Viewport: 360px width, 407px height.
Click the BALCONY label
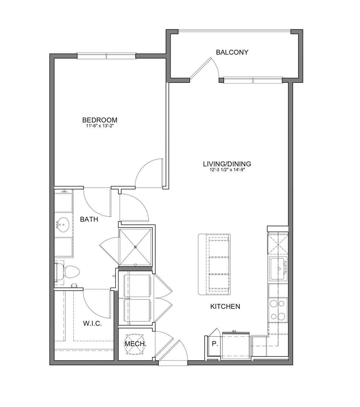tap(232, 52)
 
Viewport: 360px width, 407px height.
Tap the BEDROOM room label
tap(100, 120)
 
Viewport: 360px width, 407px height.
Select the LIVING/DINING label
tap(227, 164)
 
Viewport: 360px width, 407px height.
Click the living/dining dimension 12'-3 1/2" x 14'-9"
tap(227, 170)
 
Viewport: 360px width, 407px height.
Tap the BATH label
tap(89, 219)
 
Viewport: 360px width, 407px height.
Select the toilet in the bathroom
tap(67, 272)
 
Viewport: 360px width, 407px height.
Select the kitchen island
tap(214, 264)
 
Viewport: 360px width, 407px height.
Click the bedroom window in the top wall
tap(107, 56)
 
